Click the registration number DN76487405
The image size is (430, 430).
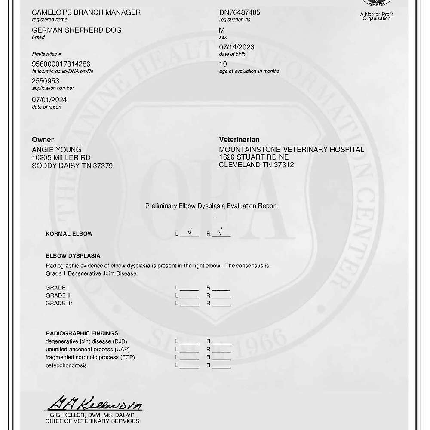pyautogui.click(x=240, y=12)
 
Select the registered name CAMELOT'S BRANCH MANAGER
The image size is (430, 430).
pyautogui.click(x=86, y=12)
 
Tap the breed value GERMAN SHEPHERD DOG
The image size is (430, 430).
pyautogui.click(x=77, y=30)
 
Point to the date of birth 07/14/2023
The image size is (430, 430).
pyautogui.click(x=236, y=47)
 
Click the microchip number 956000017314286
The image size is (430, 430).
pyautogui.click(x=61, y=64)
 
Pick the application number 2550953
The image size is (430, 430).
pyautogui.click(x=46, y=81)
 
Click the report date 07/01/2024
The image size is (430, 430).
pyautogui.click(x=49, y=100)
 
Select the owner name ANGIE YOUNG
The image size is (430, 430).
pyautogui.click(x=56, y=150)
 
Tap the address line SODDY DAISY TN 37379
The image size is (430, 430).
pyautogui.click(x=72, y=166)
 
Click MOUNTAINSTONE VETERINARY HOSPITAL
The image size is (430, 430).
pyautogui.click(x=292, y=150)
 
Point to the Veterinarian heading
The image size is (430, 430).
pyautogui.click(x=239, y=140)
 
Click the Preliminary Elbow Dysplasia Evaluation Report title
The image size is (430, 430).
pyautogui.click(x=211, y=206)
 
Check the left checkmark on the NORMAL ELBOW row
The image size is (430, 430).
pyautogui.click(x=190, y=233)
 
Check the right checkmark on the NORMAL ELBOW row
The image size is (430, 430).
pyautogui.click(x=221, y=233)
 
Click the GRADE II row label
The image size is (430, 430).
pyautogui.click(x=58, y=295)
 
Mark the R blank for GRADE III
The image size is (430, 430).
pyautogui.click(x=221, y=304)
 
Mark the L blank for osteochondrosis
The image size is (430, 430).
pyautogui.click(x=189, y=366)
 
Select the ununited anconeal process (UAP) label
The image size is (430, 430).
pyautogui.click(x=87, y=349)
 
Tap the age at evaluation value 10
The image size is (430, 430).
pyautogui.click(x=223, y=64)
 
